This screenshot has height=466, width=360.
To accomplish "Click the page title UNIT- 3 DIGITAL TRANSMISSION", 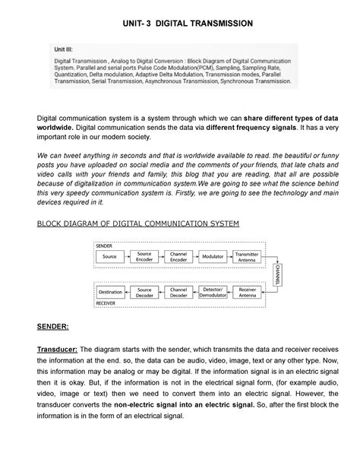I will [180, 24].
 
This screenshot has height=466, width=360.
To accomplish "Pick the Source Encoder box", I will [143, 257].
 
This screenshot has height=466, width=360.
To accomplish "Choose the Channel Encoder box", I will [178, 257].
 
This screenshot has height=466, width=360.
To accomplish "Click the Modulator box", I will [213, 257].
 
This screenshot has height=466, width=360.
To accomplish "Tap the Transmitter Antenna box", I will [248, 257].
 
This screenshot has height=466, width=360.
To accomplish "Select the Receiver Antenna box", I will [248, 291].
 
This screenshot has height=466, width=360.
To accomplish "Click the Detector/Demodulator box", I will [213, 291].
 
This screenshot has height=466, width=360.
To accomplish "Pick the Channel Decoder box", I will [178, 291].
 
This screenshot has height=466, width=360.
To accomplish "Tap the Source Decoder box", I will [143, 291].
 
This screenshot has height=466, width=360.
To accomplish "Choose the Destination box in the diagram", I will [109, 291].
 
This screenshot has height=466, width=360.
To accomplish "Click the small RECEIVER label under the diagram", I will [106, 303].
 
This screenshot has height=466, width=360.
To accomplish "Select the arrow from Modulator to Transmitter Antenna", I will [230, 257].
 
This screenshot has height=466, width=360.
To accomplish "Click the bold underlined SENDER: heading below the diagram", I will [53, 327].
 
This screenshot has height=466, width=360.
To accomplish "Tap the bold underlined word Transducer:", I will [63, 348].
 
